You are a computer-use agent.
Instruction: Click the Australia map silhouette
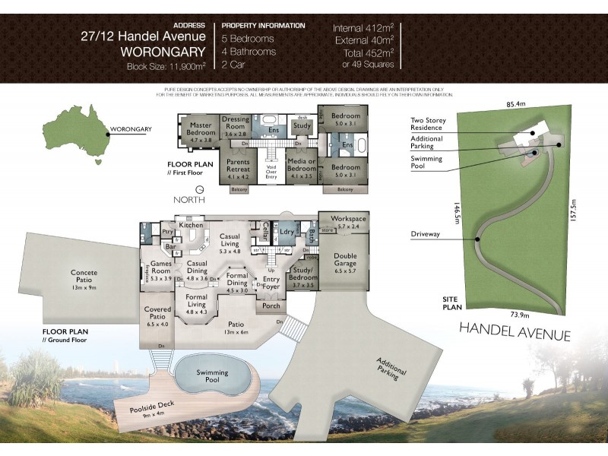tap(74, 135)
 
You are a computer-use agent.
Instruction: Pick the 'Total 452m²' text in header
tap(367, 53)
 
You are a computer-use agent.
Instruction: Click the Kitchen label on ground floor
tap(190, 225)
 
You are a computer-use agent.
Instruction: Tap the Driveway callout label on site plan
tap(427, 234)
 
